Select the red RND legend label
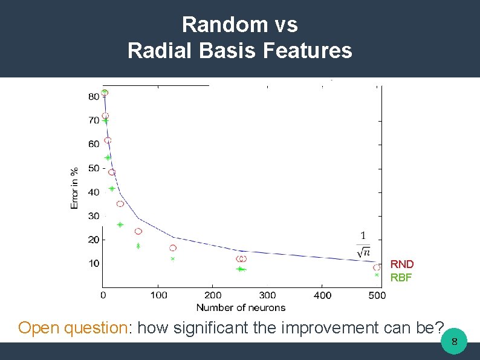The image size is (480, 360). coord(402,264)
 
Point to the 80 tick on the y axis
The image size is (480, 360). coord(94,96)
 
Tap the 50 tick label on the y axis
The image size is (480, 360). coord(94,168)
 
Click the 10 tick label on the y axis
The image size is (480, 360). coord(94,263)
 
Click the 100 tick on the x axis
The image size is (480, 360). coord(158,295)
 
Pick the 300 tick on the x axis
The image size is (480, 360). coord(267,295)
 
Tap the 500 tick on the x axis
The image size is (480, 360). coord(377,295)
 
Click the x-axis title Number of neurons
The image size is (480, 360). coord(240,307)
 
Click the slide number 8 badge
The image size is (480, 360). coord(454,344)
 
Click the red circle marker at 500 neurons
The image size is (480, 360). coord(377,267)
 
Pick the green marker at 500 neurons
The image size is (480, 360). coord(377,275)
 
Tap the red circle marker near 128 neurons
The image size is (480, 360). coord(173,248)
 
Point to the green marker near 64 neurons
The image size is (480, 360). coord(138,246)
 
